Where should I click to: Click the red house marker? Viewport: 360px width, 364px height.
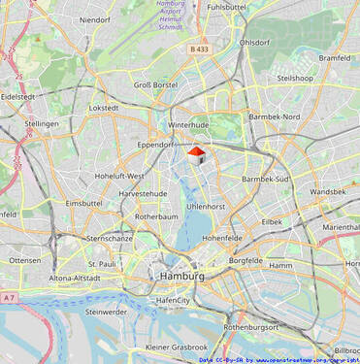click(196, 155)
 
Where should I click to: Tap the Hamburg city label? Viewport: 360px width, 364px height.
click(180, 277)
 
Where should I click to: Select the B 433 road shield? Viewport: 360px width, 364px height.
click(200, 49)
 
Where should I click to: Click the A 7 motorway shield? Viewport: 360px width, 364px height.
click(9, 297)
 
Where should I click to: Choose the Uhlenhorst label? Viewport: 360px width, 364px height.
click(206, 207)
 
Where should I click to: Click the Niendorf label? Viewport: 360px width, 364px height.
click(95, 19)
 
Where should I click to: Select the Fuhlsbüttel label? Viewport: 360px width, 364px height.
click(226, 7)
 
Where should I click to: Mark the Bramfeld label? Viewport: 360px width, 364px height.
click(334, 58)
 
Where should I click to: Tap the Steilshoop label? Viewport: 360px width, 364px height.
click(295, 78)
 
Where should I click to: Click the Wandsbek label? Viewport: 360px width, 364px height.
click(328, 192)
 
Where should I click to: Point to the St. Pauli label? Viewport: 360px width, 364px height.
click(102, 263)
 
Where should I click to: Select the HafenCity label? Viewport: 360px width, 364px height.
click(173, 301)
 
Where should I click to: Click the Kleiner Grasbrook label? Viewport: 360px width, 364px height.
click(177, 347)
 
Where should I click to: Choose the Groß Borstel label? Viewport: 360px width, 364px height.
click(155, 85)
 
